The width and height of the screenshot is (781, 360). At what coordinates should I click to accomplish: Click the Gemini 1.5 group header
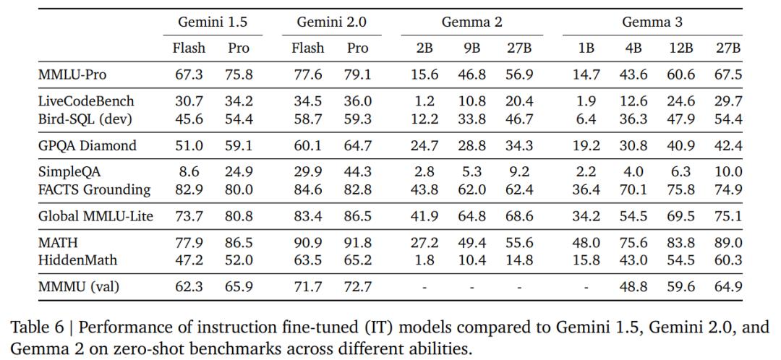coord(213,22)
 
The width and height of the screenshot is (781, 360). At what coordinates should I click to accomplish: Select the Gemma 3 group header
coord(652,22)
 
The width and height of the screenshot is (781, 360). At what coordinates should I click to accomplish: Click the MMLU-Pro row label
coord(72,74)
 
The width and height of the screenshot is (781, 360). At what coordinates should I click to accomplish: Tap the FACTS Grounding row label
coord(94,189)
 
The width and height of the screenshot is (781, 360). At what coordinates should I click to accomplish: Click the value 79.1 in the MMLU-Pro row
coord(357,74)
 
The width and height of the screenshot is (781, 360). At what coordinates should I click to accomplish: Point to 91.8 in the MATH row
coord(357,243)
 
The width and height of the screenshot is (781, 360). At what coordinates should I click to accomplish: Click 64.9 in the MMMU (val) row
coord(729,287)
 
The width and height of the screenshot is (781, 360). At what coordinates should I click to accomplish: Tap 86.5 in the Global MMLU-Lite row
coord(357,217)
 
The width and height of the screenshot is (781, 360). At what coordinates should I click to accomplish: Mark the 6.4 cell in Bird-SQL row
coord(586,119)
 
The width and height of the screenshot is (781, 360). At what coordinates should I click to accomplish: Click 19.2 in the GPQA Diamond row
coord(586,145)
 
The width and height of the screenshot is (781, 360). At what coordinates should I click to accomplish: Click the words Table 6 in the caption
coord(38,327)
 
